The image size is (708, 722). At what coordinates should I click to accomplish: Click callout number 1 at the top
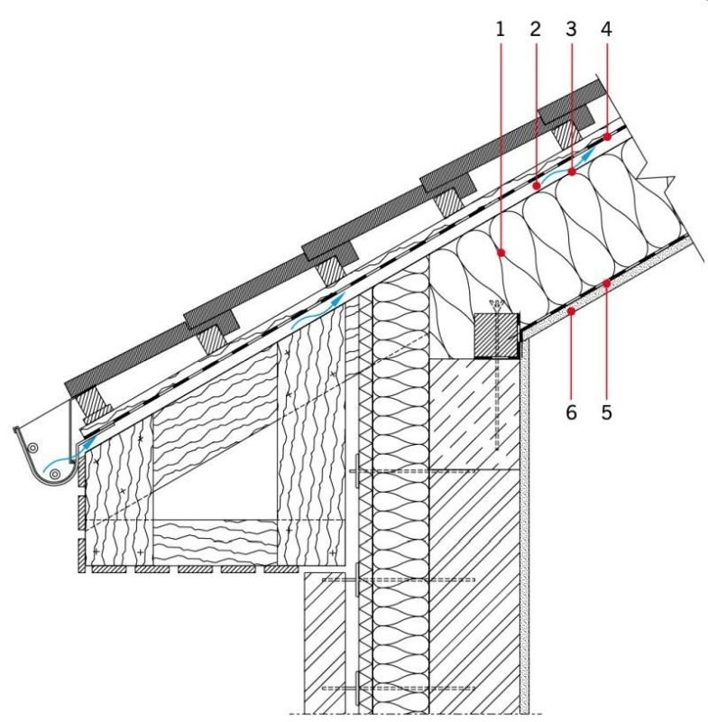[x=501, y=30]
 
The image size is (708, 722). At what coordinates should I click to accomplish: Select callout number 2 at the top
[x=536, y=30]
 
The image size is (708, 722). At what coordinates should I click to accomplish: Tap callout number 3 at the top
[x=571, y=30]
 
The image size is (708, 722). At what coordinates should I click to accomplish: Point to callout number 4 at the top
[x=606, y=30]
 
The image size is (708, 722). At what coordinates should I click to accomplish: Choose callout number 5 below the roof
[x=607, y=412]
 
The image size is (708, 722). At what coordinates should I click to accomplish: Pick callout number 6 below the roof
[x=571, y=412]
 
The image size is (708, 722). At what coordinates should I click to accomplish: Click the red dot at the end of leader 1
[x=501, y=253]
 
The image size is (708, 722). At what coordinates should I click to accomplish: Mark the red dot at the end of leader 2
[x=536, y=186]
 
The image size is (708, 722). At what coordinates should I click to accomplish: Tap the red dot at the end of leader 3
[x=572, y=172]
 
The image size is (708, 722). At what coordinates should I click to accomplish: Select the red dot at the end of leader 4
[x=607, y=137]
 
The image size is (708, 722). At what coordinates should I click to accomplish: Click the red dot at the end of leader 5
[x=607, y=283]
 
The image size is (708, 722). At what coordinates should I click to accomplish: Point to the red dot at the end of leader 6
[x=572, y=311]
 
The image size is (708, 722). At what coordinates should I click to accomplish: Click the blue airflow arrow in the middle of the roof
[x=318, y=311]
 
